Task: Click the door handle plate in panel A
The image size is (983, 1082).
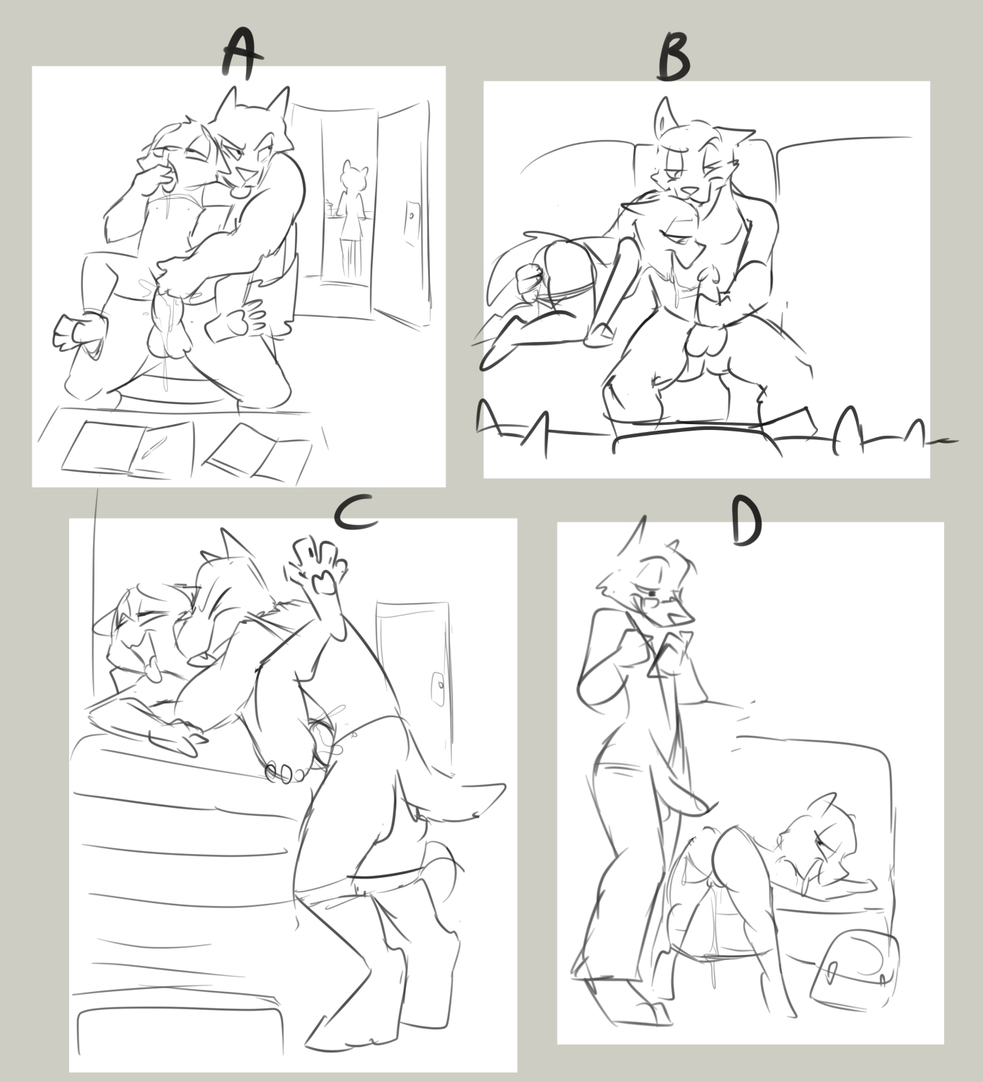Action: [412, 221]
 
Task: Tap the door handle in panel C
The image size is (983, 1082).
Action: [438, 687]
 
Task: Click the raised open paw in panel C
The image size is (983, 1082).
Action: [318, 564]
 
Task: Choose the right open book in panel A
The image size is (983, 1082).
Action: [260, 452]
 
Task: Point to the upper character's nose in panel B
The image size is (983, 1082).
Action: [687, 190]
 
